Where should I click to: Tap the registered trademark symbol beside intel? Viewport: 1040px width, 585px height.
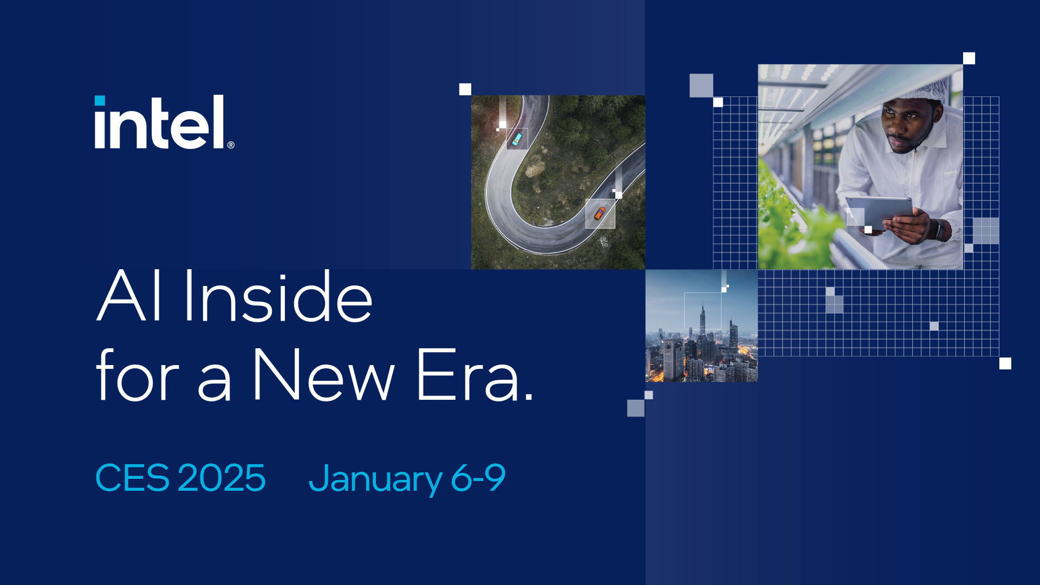point(231,145)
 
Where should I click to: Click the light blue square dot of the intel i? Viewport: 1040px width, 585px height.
point(100,101)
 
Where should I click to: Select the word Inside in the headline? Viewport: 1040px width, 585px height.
point(278,296)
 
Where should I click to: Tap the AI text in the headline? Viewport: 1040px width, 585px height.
point(129,296)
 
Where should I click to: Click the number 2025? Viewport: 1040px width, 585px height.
point(222,478)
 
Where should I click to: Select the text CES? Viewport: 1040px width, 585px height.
point(132,478)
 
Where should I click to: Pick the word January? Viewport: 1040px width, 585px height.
point(375,479)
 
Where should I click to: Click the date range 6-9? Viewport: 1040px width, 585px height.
point(478,478)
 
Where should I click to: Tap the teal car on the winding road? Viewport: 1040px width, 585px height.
point(517,139)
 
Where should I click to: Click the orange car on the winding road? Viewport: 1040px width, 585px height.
point(600,213)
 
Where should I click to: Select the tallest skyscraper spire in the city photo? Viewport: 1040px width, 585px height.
point(703,314)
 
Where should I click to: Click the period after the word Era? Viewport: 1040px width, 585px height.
point(529,398)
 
